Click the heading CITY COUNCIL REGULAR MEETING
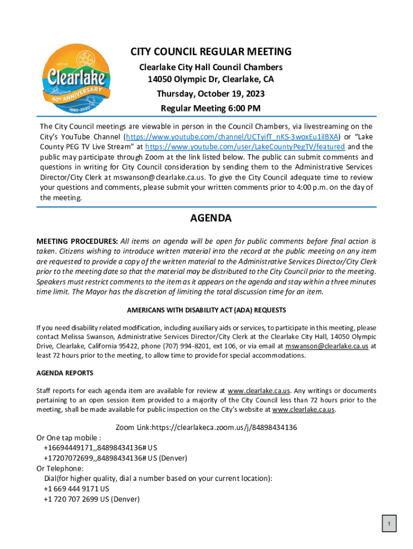(211, 52)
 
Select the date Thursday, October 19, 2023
(211, 94)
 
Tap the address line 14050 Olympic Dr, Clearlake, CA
(211, 80)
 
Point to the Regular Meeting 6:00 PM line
(211, 108)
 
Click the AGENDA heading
(211, 219)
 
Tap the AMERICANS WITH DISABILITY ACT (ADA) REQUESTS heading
(206, 310)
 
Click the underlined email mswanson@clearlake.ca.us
(327, 346)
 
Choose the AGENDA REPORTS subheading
(65, 373)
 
